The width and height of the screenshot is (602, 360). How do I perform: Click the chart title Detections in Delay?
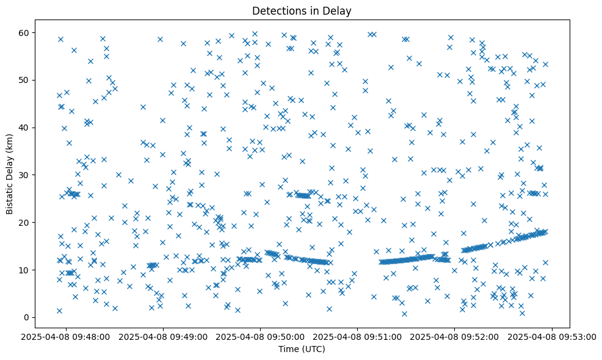302,10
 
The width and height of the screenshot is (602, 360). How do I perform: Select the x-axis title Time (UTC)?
302,349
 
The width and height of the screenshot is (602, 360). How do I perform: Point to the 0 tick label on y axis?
27,317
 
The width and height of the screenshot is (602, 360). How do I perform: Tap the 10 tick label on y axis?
24,270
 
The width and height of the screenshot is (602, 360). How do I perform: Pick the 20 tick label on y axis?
24,222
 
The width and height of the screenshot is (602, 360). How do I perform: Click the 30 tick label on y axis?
24,175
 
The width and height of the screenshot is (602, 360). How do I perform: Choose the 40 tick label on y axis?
24,128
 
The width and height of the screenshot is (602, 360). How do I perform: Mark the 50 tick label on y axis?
24,80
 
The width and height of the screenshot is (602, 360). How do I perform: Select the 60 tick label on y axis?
24,32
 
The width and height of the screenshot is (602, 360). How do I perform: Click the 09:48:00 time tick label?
67,336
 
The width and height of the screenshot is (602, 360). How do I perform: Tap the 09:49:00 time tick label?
164,336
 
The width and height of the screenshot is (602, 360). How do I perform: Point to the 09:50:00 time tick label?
261,336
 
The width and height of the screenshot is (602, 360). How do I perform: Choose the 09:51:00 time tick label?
358,336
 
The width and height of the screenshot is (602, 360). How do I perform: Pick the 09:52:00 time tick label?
455,336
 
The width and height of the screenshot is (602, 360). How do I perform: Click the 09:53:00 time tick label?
552,336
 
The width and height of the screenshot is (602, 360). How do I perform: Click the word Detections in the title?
278,10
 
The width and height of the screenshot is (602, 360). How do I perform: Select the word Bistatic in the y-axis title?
10,198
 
